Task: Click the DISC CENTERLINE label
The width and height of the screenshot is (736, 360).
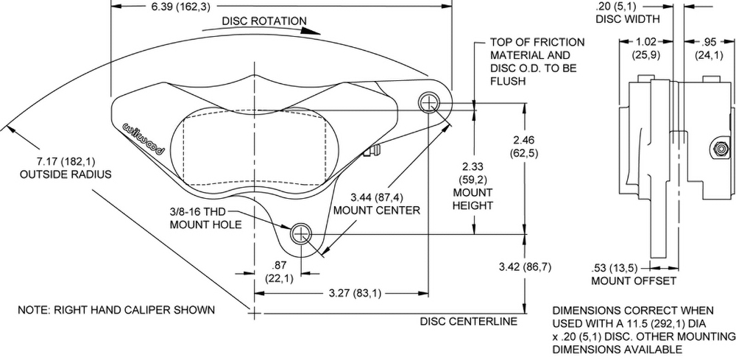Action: click(x=469, y=322)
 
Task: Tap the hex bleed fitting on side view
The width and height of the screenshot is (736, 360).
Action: click(x=716, y=149)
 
